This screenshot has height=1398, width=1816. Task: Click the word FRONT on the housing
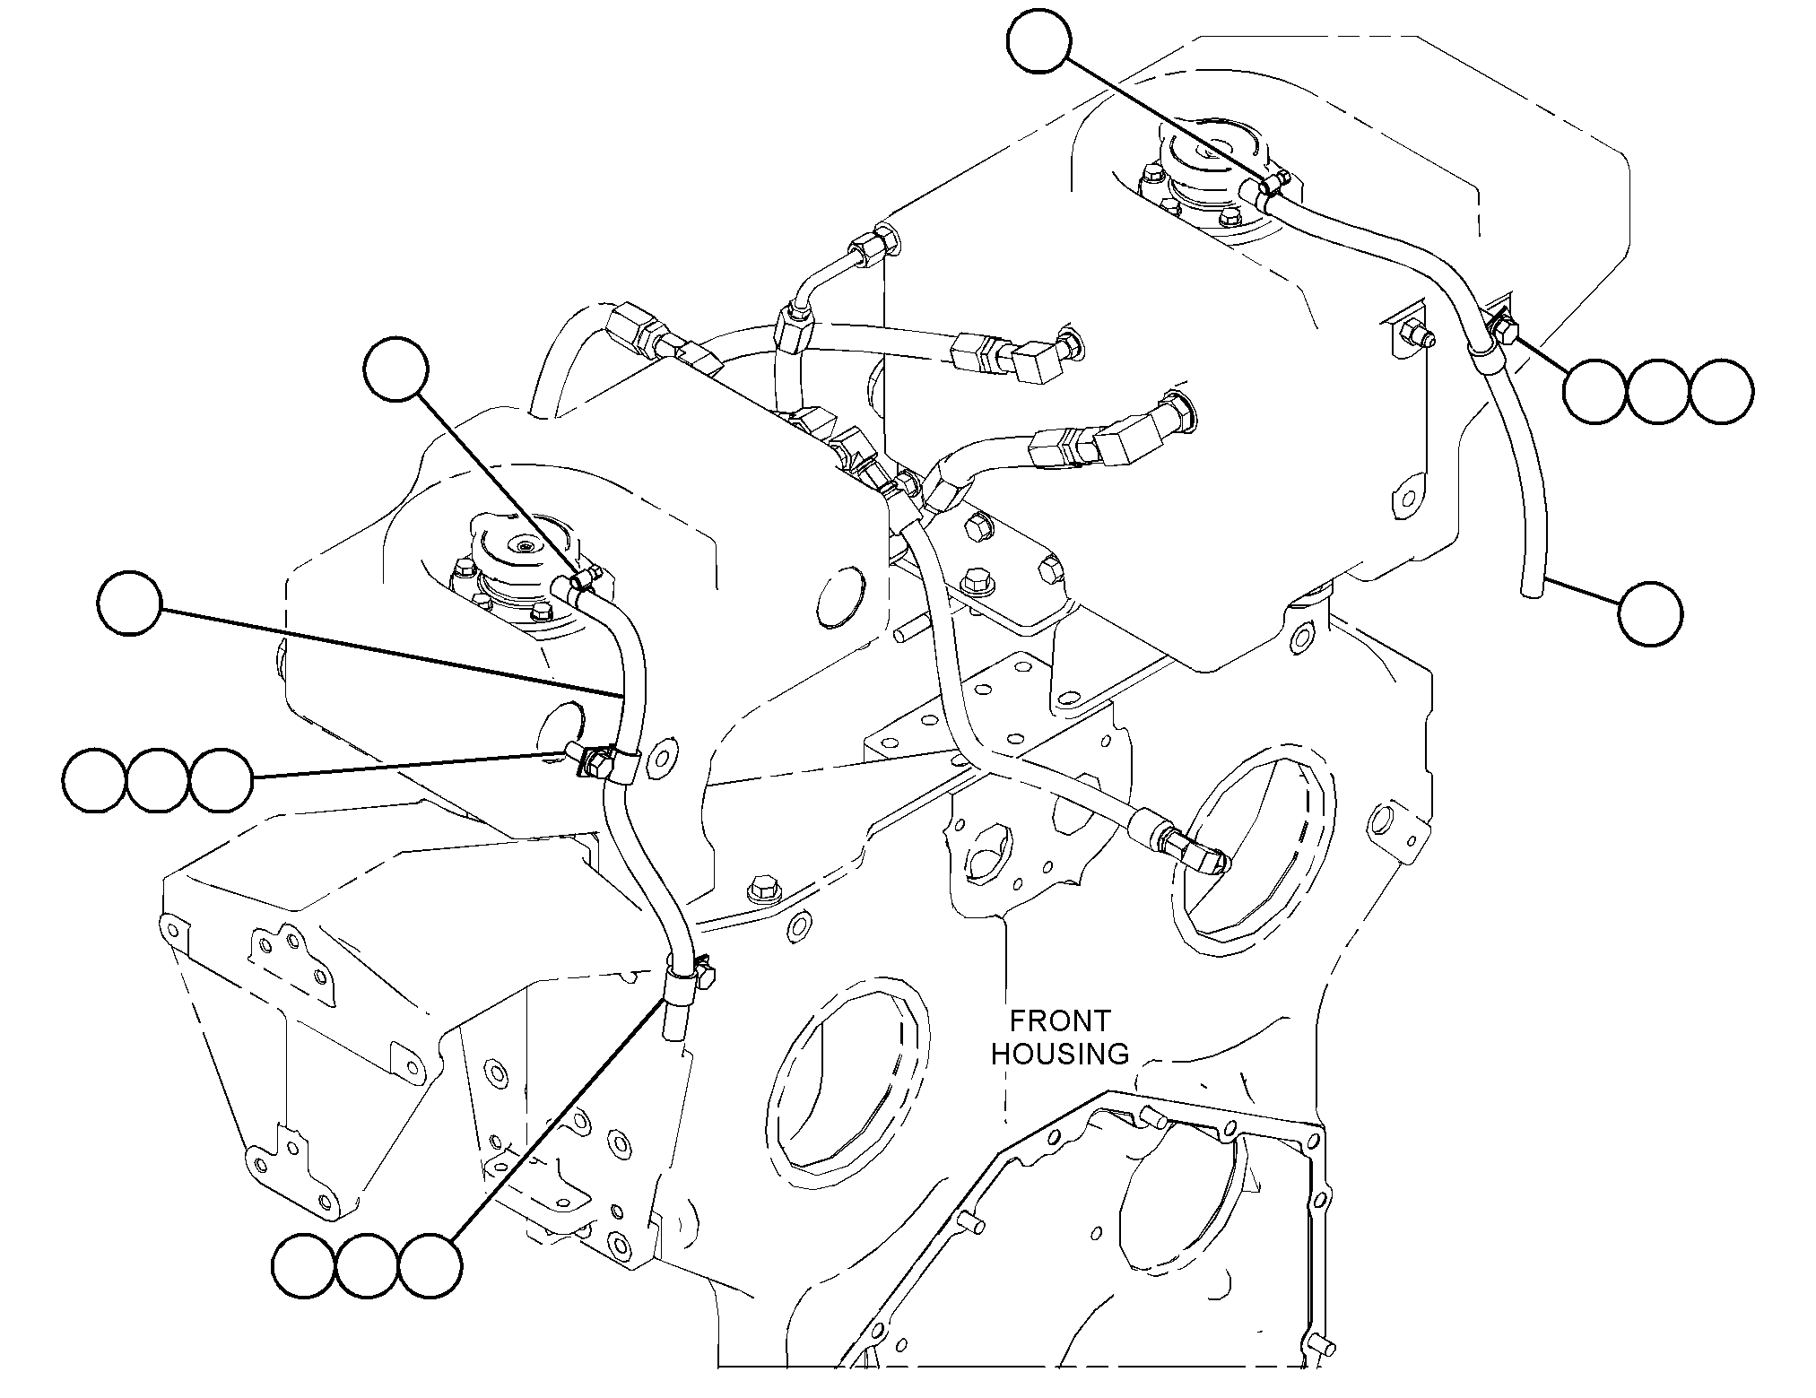point(1059,1020)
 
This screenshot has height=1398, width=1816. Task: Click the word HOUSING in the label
point(1059,1053)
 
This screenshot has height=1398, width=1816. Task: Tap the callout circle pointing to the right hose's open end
point(1651,613)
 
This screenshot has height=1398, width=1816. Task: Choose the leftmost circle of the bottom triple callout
point(305,1266)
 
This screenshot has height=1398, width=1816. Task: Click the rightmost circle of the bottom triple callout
point(430,1266)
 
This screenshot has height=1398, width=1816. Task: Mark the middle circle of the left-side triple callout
point(158,781)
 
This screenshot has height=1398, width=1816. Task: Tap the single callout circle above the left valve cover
point(396,367)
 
